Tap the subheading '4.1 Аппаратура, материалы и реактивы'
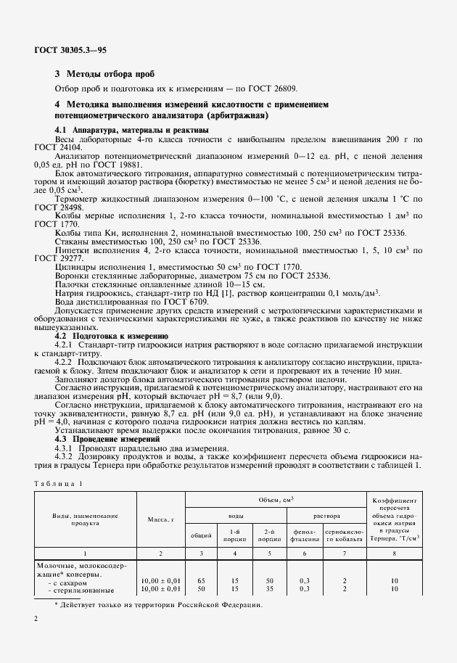tap(133, 129)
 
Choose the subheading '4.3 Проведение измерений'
tap(107, 439)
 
